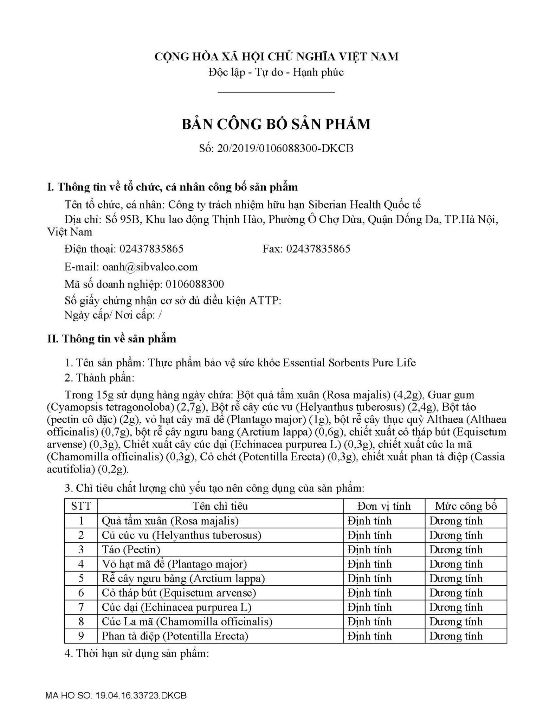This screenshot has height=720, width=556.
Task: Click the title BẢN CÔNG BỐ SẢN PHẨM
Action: tap(276, 124)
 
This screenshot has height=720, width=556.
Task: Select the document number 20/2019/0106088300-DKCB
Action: tap(285, 148)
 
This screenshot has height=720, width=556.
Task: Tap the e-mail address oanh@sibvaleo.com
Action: tap(150, 267)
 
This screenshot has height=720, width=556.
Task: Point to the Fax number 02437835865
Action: tap(318, 249)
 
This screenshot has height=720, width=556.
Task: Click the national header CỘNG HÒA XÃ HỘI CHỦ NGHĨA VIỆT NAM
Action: tap(277, 56)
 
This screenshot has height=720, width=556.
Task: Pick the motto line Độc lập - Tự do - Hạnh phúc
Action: tap(276, 72)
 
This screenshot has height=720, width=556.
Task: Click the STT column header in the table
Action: tap(81, 506)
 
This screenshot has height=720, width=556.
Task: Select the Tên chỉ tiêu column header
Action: tap(220, 506)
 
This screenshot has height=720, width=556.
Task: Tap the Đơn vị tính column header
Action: tap(384, 506)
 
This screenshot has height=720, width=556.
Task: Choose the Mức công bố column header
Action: tap(466, 506)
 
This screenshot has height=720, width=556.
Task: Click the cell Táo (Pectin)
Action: tap(131, 549)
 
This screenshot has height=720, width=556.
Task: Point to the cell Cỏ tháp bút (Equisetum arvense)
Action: tap(179, 593)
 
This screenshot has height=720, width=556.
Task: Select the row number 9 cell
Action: tap(81, 636)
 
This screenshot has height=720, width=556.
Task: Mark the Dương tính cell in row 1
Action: tap(456, 521)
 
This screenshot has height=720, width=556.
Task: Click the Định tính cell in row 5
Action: tap(370, 578)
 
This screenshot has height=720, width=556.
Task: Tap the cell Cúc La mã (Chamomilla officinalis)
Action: tap(187, 622)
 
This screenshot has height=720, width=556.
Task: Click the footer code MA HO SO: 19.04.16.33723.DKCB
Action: tap(116, 696)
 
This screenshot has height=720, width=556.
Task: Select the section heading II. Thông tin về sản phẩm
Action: tap(112, 339)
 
